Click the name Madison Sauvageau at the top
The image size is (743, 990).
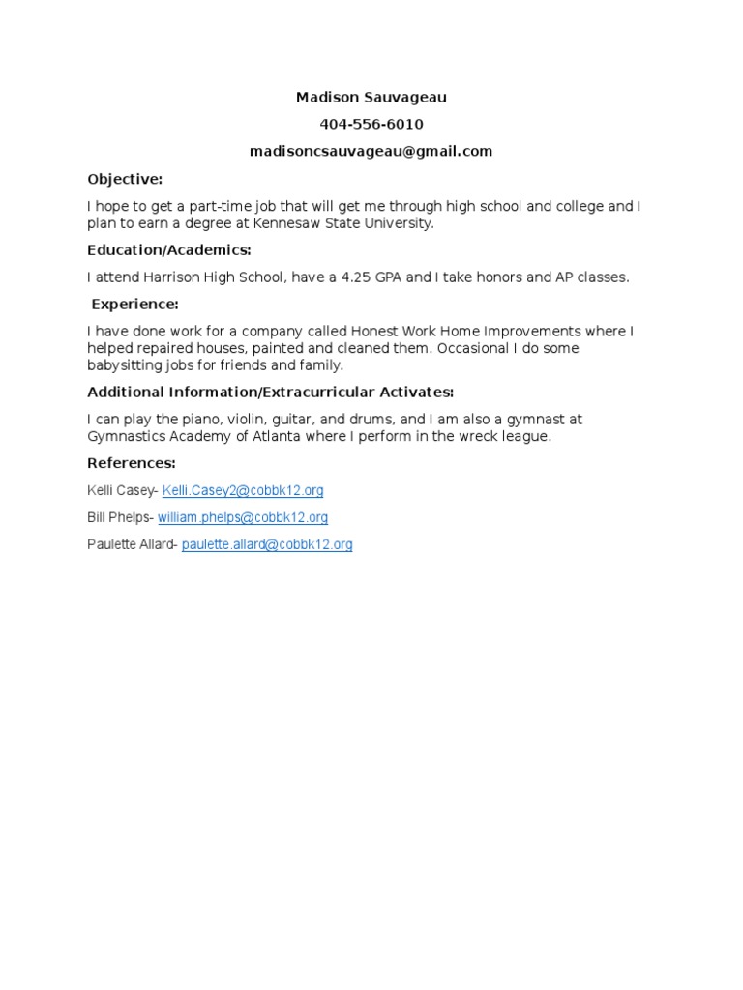coord(371,98)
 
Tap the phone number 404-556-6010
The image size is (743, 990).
coord(371,125)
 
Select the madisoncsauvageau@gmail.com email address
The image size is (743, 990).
coord(371,151)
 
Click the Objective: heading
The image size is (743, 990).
coord(125,179)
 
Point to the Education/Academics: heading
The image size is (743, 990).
coord(169,250)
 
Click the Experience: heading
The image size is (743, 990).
coord(134,305)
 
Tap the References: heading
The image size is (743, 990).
coord(132,463)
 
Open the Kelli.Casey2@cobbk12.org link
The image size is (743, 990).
coord(243,491)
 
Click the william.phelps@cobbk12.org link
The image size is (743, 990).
coord(243,518)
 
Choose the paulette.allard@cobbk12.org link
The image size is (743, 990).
coord(267,545)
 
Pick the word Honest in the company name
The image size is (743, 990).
coord(373,332)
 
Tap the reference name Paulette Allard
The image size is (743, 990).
coord(130,545)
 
